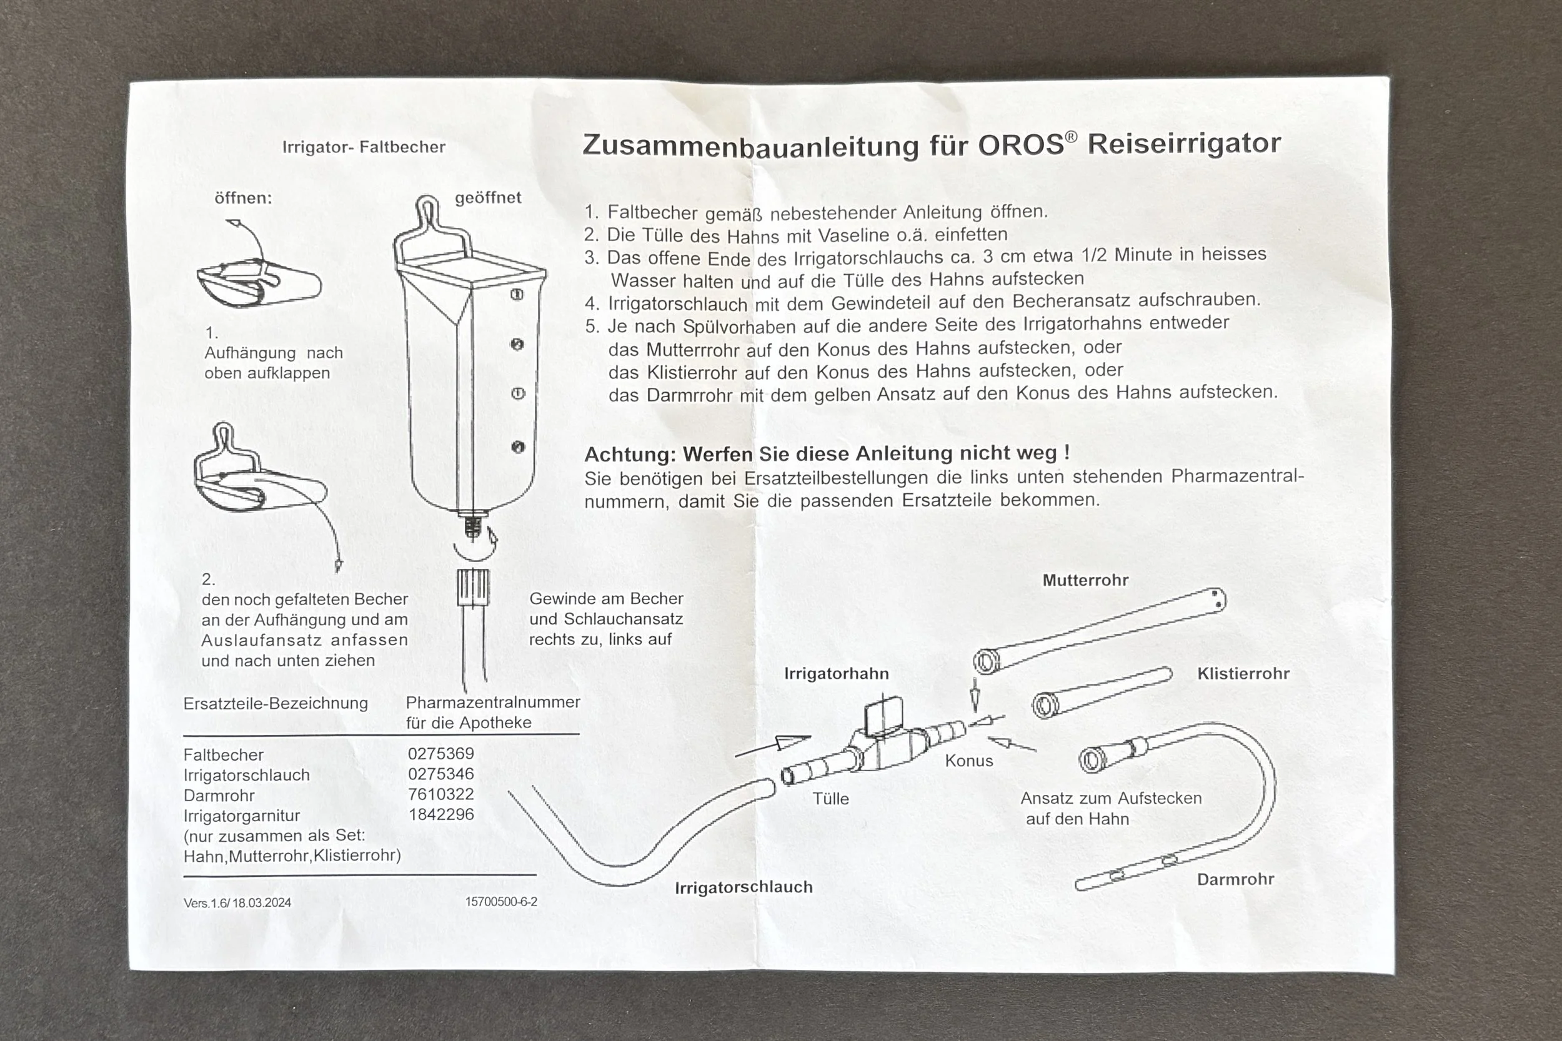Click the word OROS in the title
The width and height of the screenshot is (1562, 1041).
pyautogui.click(x=1021, y=145)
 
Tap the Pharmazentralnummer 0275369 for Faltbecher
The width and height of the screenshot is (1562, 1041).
pyautogui.click(x=441, y=754)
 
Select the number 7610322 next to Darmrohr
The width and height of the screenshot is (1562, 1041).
pyautogui.click(x=441, y=794)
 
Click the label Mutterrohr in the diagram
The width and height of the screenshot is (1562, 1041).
pyautogui.click(x=1085, y=580)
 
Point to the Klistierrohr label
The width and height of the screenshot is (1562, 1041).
pyautogui.click(x=1243, y=674)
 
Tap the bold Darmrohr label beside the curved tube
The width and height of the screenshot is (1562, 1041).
pyautogui.click(x=1235, y=880)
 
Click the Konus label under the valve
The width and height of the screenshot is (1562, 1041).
pyautogui.click(x=969, y=761)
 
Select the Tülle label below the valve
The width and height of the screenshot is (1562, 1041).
pyautogui.click(x=831, y=799)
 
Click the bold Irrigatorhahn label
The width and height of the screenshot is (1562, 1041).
pyautogui.click(x=836, y=674)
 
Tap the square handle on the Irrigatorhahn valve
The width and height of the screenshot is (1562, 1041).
pyautogui.click(x=883, y=718)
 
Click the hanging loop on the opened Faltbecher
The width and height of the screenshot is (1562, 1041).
pyautogui.click(x=426, y=211)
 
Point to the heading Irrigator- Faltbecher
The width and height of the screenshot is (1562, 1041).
pyautogui.click(x=363, y=147)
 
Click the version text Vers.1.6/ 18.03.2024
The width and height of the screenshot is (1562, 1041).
pyautogui.click(x=237, y=903)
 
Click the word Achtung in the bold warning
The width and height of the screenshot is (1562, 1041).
pyautogui.click(x=629, y=455)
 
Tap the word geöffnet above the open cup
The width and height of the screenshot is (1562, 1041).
pyautogui.click(x=488, y=198)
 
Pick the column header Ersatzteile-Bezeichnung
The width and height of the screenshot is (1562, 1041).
pyautogui.click(x=275, y=704)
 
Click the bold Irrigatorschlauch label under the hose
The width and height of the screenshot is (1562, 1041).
pyautogui.click(x=743, y=887)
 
